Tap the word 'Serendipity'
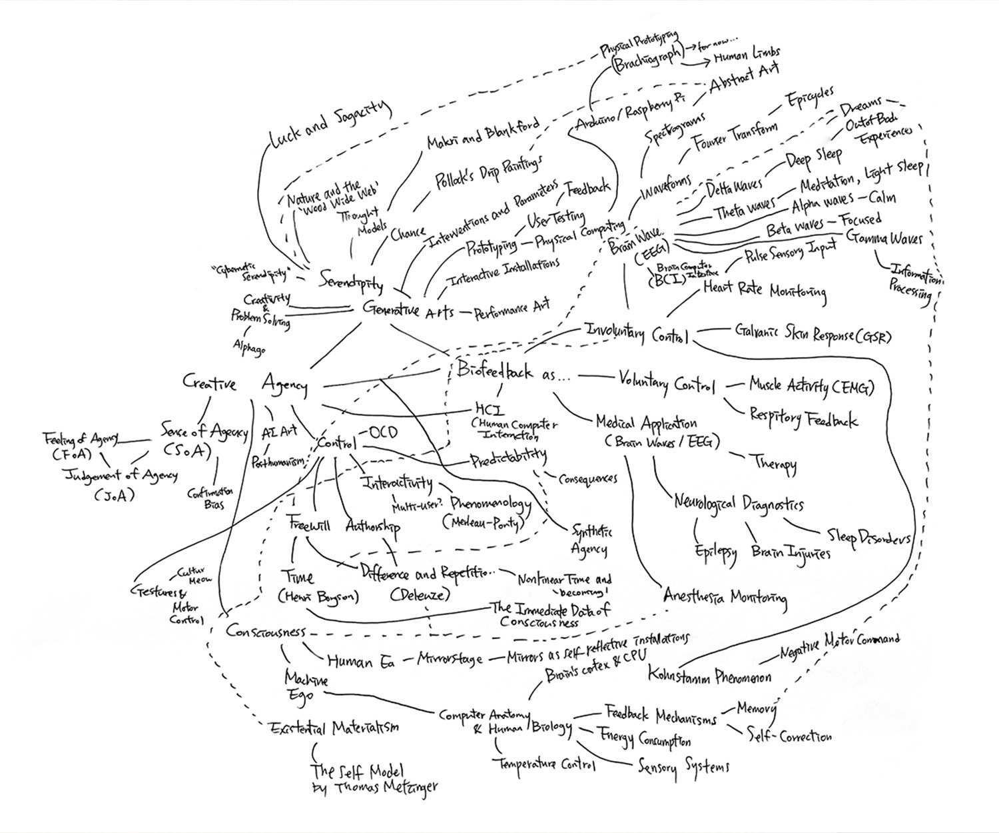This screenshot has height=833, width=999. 351,280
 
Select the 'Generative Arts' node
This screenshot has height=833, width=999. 408,309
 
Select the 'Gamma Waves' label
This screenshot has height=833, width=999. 885,238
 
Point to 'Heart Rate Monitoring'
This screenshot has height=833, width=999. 765,290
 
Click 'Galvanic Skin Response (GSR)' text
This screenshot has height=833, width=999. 813,333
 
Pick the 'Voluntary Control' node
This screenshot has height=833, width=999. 667,384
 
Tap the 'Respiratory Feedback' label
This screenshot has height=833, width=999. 803,417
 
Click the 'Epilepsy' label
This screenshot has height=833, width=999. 715,552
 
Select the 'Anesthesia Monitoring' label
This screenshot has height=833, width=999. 725,596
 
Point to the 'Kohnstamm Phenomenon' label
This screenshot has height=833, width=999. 709,676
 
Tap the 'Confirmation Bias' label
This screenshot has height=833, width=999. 210,498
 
